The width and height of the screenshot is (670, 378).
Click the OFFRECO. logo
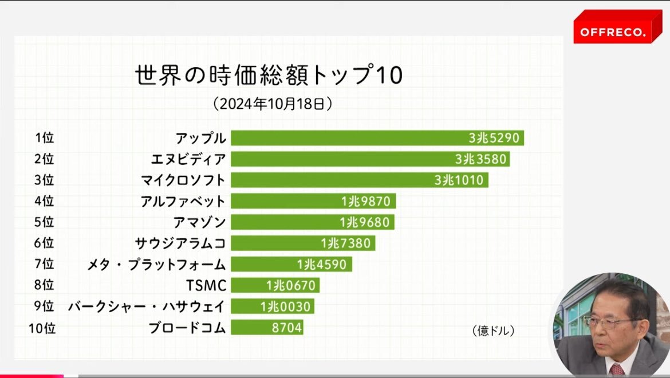(612, 32)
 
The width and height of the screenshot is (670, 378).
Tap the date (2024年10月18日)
(273, 104)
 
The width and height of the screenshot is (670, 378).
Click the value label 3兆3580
(481, 159)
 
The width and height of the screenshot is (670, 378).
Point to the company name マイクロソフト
(183, 180)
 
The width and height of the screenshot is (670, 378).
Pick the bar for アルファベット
(286, 201)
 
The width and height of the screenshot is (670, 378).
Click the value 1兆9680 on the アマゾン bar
(365, 222)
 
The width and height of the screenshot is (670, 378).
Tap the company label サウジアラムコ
(180, 243)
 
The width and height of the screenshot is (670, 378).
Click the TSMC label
(207, 285)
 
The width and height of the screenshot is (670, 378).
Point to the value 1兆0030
(285, 306)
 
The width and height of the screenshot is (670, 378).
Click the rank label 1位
(44, 138)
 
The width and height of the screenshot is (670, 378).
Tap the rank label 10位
(42, 328)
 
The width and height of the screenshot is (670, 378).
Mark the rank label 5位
(44, 222)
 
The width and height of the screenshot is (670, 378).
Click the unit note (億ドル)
(493, 331)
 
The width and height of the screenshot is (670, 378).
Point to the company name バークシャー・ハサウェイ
(147, 306)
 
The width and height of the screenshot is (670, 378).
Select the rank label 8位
(44, 285)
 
